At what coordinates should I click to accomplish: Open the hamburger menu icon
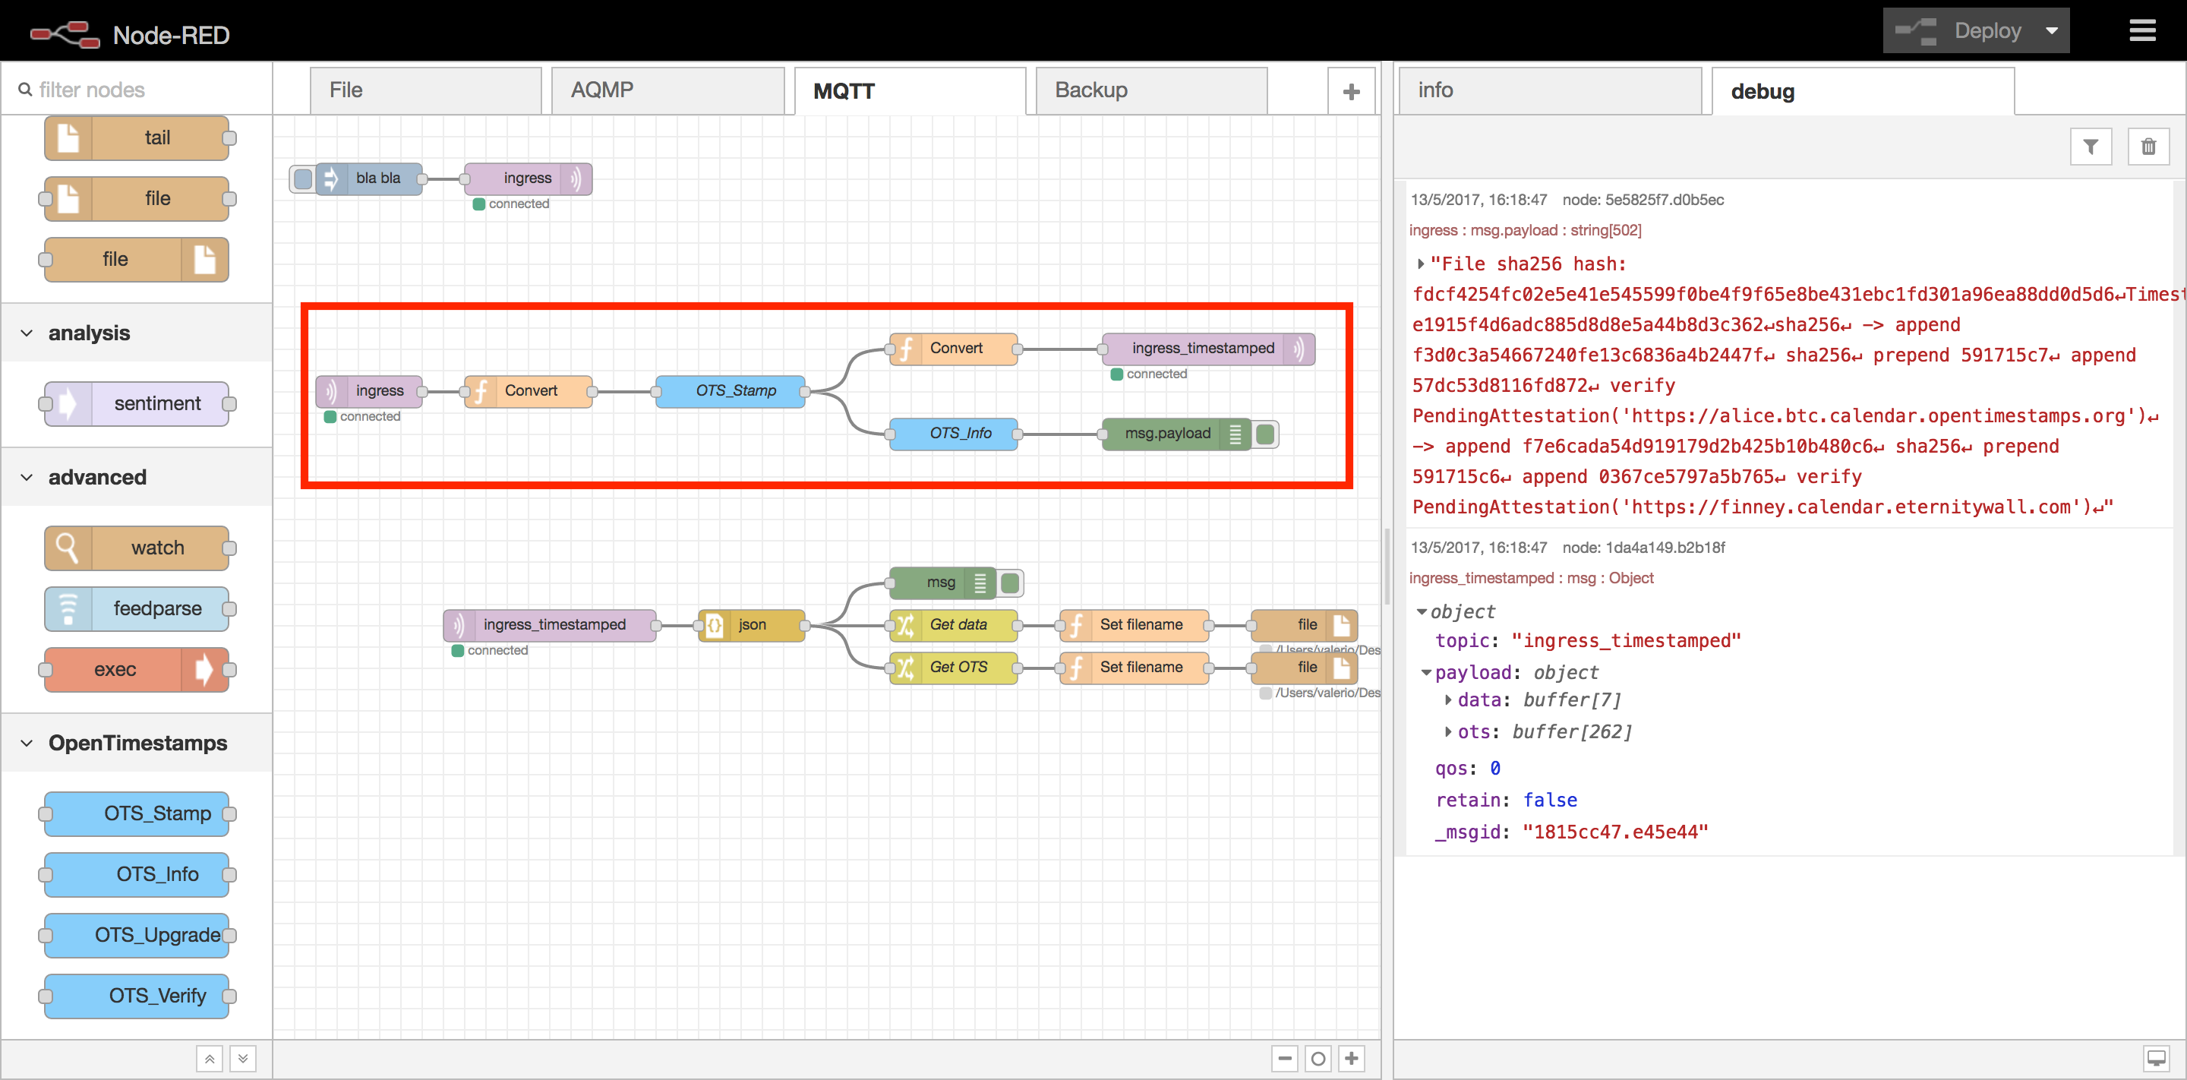(x=2142, y=31)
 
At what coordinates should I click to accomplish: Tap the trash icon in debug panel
(x=2148, y=147)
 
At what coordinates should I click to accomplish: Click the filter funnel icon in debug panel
(x=2091, y=147)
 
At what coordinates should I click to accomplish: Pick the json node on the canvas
(x=751, y=625)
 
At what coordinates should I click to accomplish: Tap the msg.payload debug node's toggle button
(x=1265, y=434)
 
